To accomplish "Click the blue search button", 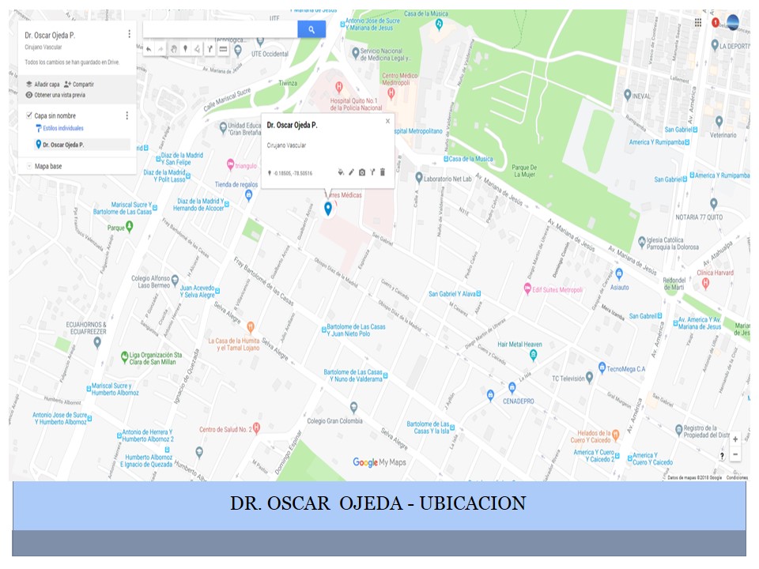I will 312,29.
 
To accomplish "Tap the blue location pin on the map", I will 328,208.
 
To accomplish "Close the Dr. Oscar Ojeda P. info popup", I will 387,122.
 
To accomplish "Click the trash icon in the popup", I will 383,171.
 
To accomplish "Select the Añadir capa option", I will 47,84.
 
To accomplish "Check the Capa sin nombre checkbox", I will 29,115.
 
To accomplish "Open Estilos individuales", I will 62,128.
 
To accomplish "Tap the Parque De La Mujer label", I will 524,171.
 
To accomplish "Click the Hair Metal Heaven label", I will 519,345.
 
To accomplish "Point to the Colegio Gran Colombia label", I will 334,420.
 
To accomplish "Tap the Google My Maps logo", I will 379,462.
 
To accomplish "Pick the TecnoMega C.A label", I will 626,368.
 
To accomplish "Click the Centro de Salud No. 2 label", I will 225,429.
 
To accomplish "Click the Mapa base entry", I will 48,166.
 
